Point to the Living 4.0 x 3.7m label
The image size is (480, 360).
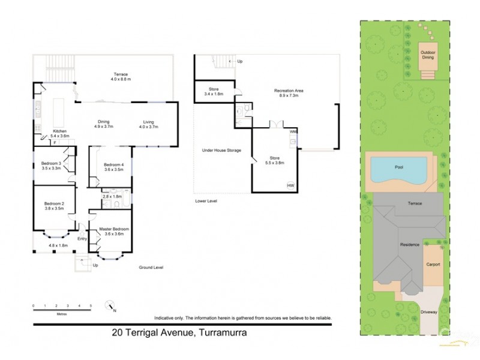click(x=148, y=124)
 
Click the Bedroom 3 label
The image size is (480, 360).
click(x=52, y=166)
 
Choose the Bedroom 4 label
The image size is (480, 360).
click(x=113, y=167)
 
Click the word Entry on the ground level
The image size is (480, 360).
click(x=82, y=239)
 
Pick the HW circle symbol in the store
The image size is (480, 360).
click(x=291, y=185)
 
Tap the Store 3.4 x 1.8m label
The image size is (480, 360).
click(x=214, y=92)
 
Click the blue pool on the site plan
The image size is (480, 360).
click(x=398, y=170)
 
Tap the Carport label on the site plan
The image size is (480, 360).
click(x=433, y=264)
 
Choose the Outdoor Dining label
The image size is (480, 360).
click(x=428, y=55)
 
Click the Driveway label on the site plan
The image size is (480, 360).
click(x=428, y=312)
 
